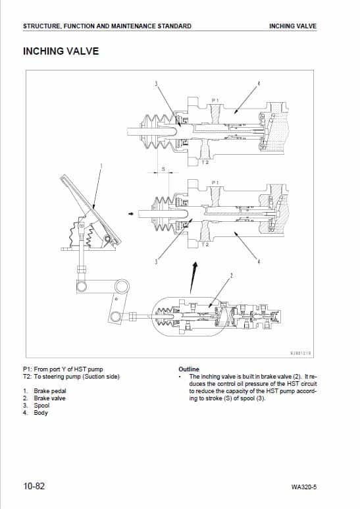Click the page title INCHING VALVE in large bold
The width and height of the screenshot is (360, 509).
pyautogui.click(x=61, y=51)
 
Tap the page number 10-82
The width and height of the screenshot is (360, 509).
pyautogui.click(x=34, y=487)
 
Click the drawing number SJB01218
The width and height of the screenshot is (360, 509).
pyautogui.click(x=301, y=352)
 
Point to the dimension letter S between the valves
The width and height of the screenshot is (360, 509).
pyautogui.click(x=163, y=169)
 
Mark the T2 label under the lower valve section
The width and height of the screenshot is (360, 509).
pyautogui.click(x=205, y=244)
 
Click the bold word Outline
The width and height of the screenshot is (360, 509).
pyautogui.click(x=189, y=369)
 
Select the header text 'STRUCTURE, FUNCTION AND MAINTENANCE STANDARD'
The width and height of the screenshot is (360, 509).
pyautogui.click(x=107, y=26)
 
